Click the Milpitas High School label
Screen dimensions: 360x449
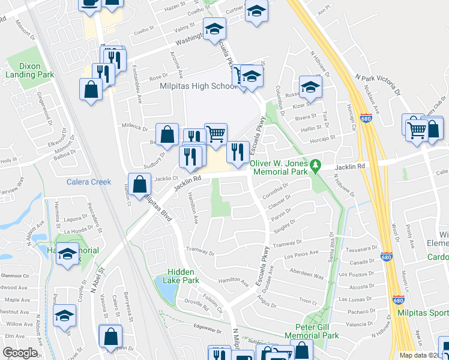pos(190,86)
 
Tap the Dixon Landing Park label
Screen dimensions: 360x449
pos(29,71)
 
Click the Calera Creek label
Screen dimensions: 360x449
pos(89,182)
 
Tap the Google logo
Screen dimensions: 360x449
pos(20,353)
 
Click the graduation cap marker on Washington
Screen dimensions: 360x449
pos(214,28)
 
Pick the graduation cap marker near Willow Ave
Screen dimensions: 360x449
pos(64,315)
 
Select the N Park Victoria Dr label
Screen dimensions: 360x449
pos(378,85)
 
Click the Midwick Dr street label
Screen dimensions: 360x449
pos(135,127)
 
